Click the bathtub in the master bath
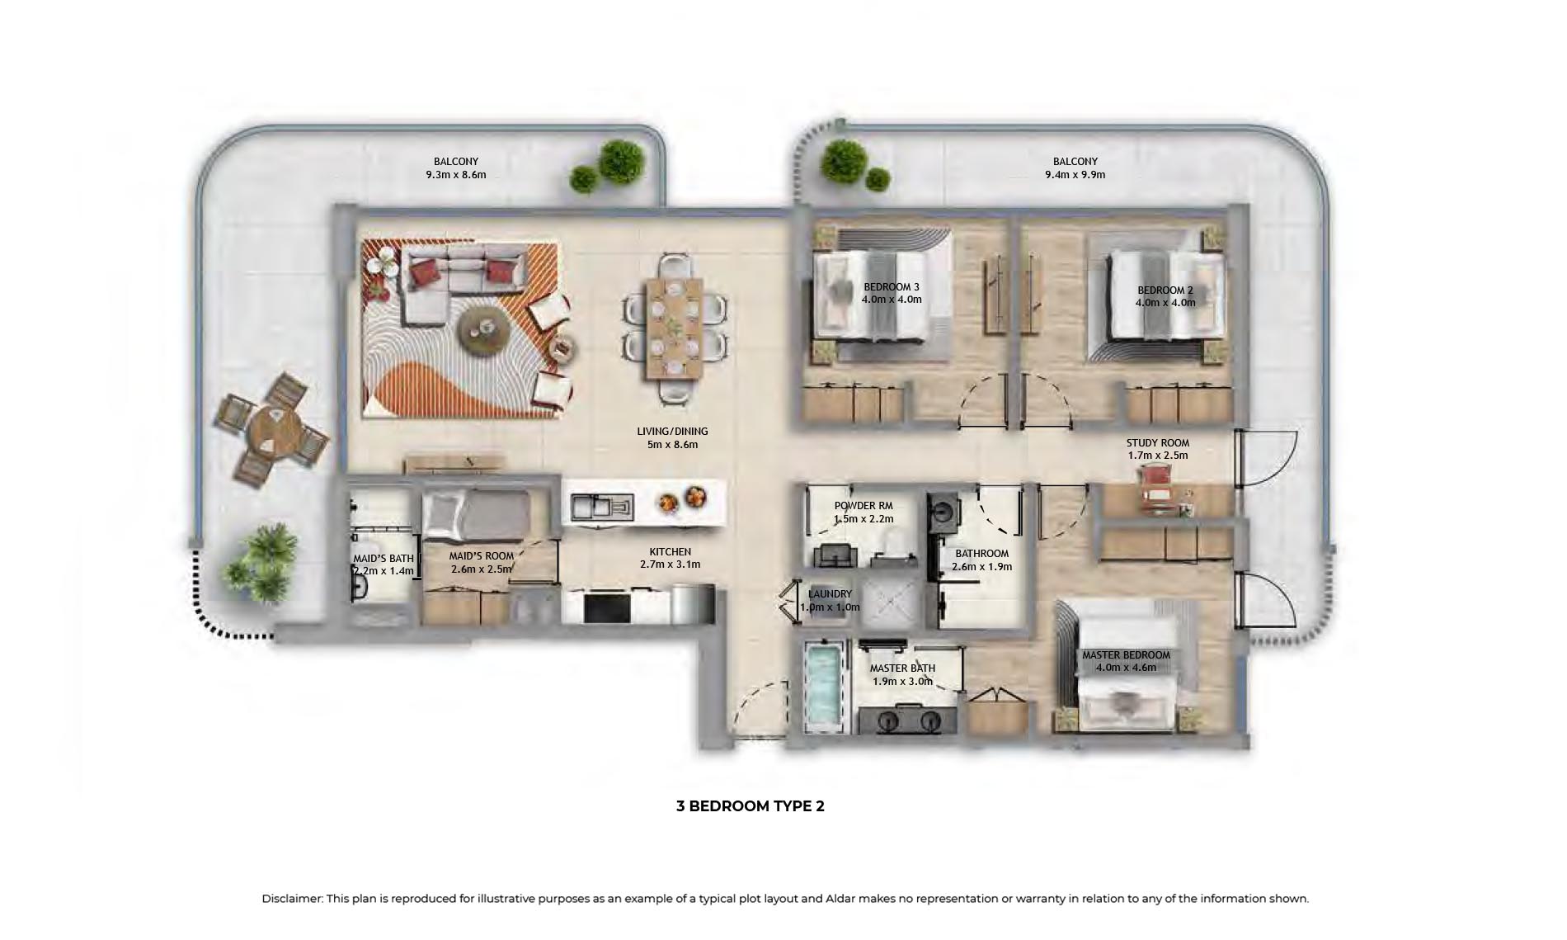(x=824, y=687)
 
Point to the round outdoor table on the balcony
(x=274, y=429)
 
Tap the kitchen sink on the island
(x=602, y=505)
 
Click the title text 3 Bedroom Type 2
(x=750, y=806)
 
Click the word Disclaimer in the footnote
(x=292, y=899)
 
